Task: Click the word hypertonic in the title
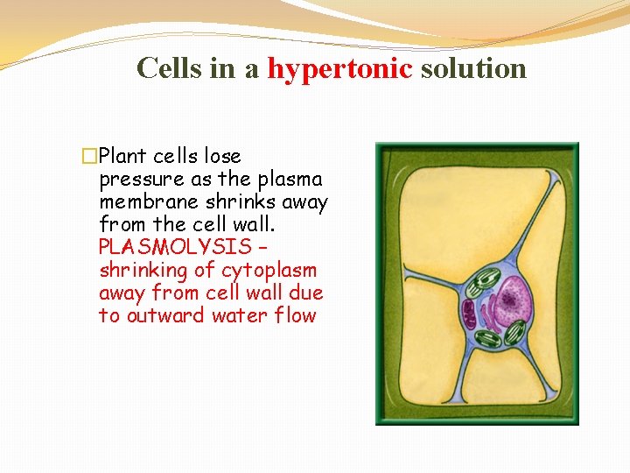339,68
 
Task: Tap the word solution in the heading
473,68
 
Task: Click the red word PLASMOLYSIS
175,248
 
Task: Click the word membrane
143,202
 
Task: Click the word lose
221,157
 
